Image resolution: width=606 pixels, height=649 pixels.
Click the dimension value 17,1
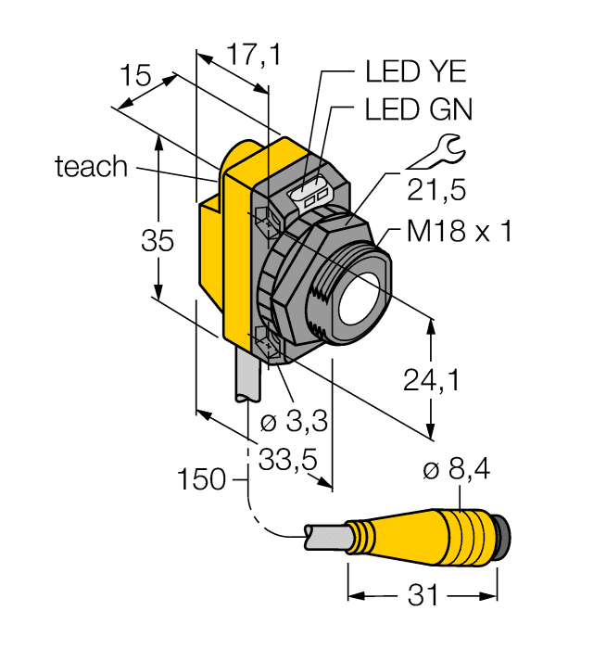[x=242, y=57]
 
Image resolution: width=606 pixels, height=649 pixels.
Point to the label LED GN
[x=418, y=109]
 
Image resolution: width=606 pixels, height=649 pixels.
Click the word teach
[x=91, y=167]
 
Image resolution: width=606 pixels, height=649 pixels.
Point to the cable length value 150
[x=203, y=479]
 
